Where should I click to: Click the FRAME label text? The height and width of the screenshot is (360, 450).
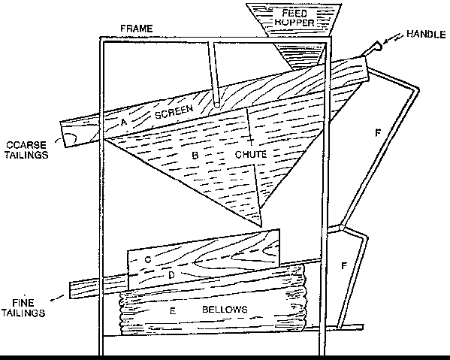point(136,29)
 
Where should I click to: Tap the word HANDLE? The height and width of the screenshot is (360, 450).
point(426,34)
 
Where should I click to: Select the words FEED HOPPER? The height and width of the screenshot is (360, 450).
point(294,17)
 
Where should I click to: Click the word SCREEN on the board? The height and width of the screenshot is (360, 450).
point(174,111)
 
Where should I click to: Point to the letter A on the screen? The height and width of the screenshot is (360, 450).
point(123,123)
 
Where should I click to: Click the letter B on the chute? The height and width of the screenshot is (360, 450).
point(195,156)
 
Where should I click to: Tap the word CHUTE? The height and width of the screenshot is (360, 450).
point(250,155)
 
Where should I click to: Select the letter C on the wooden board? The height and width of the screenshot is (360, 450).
point(147,259)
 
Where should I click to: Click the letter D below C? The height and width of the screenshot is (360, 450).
point(171,275)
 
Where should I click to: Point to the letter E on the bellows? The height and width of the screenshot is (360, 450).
point(173,310)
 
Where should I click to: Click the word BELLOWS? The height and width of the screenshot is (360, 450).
point(225,309)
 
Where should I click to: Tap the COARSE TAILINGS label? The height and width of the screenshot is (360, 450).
point(26,150)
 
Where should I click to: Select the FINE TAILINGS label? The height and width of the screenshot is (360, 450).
point(23,307)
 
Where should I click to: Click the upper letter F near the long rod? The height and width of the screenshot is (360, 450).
point(378,132)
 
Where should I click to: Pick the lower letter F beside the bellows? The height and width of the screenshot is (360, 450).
point(344,265)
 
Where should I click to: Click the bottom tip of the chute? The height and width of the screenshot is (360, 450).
point(261,226)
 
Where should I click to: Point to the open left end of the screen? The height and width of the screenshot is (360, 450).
point(66,135)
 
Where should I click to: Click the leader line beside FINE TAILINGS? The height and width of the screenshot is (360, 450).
point(57,298)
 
